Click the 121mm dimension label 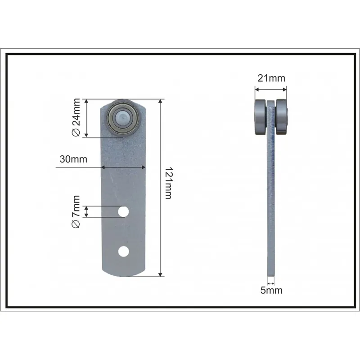pos(168,183)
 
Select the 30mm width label pos(73,159)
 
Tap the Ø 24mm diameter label pos(76,117)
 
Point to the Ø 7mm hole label pos(76,211)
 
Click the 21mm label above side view pos(271,78)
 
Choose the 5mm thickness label pos(271,290)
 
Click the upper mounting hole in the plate pos(123,211)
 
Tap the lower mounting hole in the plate pos(123,252)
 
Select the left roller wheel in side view pos(261,117)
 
